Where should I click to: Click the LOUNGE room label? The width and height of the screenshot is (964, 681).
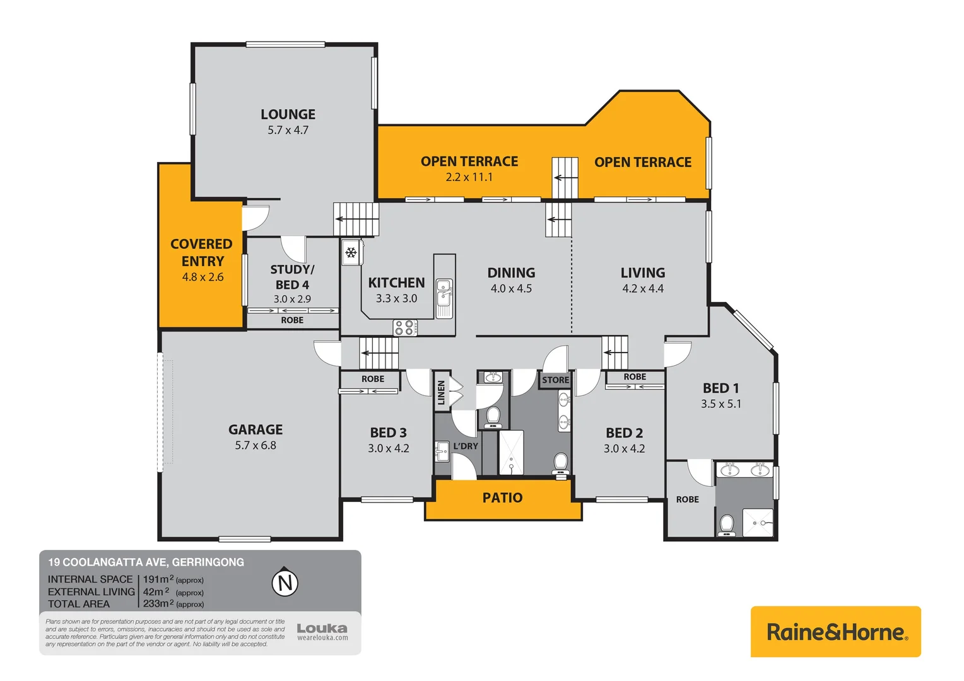click(x=288, y=114)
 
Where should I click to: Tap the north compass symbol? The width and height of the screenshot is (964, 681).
click(x=285, y=582)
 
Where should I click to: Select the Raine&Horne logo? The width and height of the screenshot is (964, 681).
click(x=835, y=632)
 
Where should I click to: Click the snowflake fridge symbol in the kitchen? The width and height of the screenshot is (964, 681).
click(x=351, y=253)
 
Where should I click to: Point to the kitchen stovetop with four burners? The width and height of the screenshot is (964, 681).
click(x=405, y=327)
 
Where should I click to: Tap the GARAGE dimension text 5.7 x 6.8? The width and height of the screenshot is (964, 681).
click(x=256, y=445)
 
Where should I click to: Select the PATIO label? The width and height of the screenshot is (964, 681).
click(x=502, y=498)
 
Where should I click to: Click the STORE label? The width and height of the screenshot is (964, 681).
click(x=555, y=380)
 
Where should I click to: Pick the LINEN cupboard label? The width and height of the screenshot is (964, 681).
click(x=441, y=392)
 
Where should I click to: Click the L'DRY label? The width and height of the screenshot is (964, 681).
click(x=466, y=446)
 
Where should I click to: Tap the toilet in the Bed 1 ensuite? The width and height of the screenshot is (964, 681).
click(x=727, y=525)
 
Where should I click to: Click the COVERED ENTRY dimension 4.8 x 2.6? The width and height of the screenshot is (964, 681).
click(x=203, y=277)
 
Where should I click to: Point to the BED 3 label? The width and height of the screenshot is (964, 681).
click(x=388, y=433)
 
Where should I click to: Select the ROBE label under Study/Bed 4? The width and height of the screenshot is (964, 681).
click(x=292, y=320)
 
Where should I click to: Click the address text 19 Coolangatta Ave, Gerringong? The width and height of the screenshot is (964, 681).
click(x=146, y=562)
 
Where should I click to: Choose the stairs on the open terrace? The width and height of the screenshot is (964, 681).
click(x=565, y=177)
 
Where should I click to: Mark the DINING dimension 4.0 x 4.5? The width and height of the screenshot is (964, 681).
click(x=511, y=288)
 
